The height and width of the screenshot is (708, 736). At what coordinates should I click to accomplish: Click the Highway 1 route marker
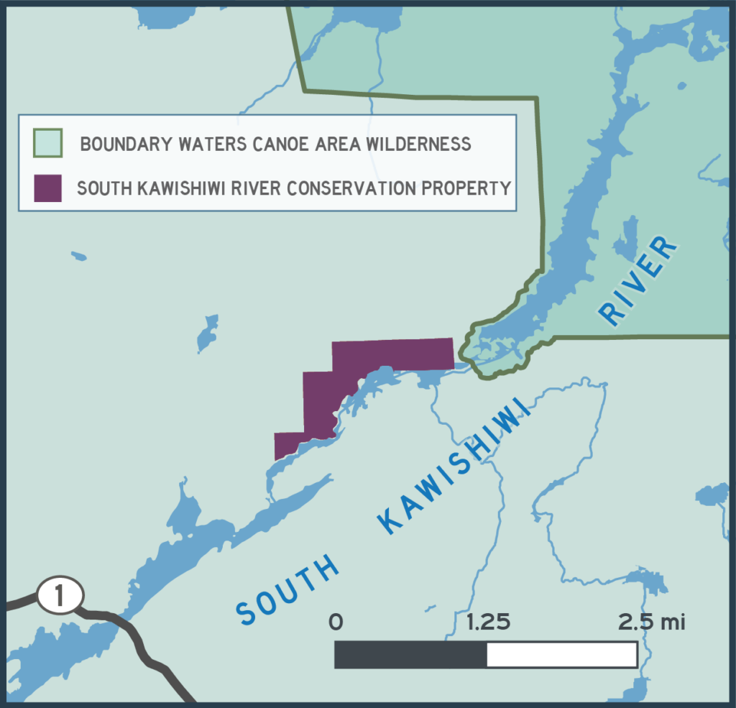click(60, 595)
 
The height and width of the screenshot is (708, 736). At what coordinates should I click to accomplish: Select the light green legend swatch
click(48, 143)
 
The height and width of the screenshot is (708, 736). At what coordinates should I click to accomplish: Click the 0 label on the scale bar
click(336, 622)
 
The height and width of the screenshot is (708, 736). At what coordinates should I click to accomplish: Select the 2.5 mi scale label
click(652, 622)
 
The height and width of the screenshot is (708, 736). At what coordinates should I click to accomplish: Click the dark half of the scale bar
click(410, 655)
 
